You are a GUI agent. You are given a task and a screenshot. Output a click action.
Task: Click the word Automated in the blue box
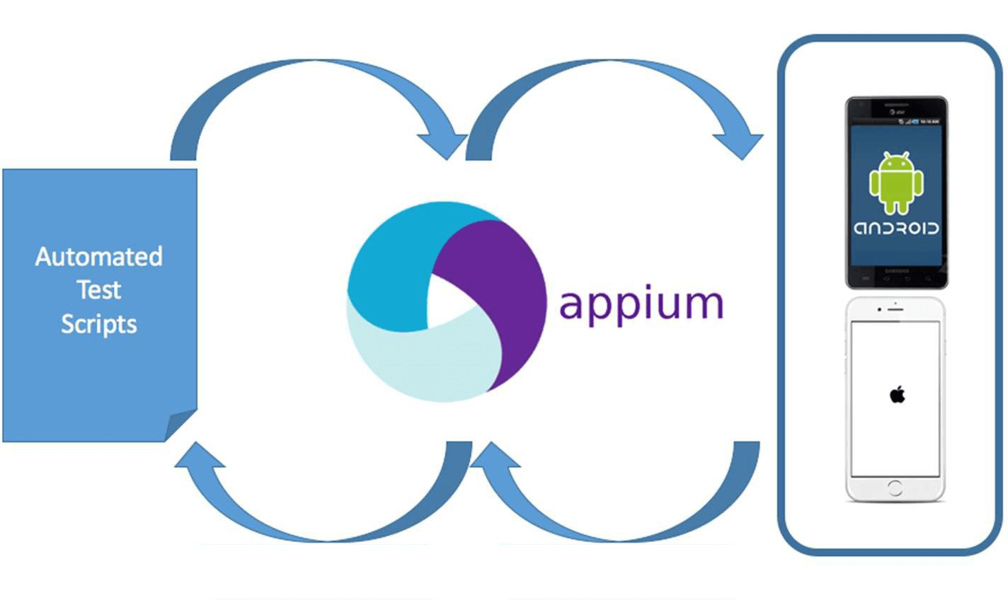98,256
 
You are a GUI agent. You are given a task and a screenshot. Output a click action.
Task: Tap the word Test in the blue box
98,290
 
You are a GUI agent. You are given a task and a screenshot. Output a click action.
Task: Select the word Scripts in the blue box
98,324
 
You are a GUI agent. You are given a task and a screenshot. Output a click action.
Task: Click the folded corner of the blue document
180,425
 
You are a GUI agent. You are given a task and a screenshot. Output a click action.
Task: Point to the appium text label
641,304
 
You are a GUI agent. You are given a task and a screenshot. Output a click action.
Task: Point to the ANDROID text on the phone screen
896,229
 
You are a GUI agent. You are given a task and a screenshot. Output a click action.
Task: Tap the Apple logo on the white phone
897,395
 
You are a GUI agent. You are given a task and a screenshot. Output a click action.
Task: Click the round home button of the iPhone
895,487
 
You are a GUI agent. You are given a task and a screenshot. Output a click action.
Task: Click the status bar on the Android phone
896,122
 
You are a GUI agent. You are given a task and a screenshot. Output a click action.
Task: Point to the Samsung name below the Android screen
896,272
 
